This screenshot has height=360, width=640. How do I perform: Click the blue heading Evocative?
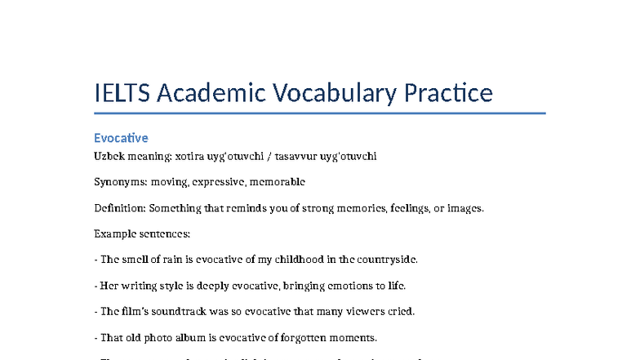coord(121,137)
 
